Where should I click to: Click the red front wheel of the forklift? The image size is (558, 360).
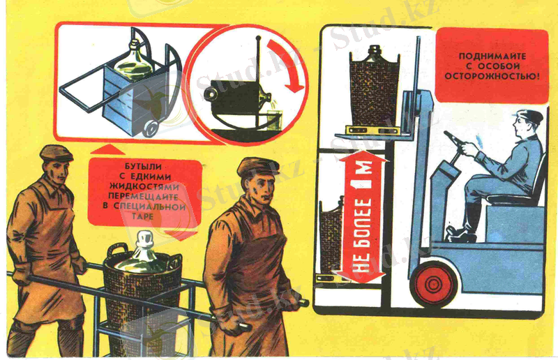click(433, 284)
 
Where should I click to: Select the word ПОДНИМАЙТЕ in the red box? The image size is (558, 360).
click(492, 57)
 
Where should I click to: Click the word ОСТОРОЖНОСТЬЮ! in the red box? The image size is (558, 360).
click(492, 76)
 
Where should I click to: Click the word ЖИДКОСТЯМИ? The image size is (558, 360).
click(144, 186)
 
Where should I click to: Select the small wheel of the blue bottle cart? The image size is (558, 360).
click(151, 127)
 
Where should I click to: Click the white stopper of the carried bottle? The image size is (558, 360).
click(144, 239)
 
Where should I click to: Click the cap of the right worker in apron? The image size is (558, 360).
click(257, 167)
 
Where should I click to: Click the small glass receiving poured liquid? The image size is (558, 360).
click(274, 121)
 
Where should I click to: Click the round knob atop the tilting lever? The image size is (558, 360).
click(258, 38)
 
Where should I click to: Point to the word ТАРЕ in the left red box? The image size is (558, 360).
click(144, 216)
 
